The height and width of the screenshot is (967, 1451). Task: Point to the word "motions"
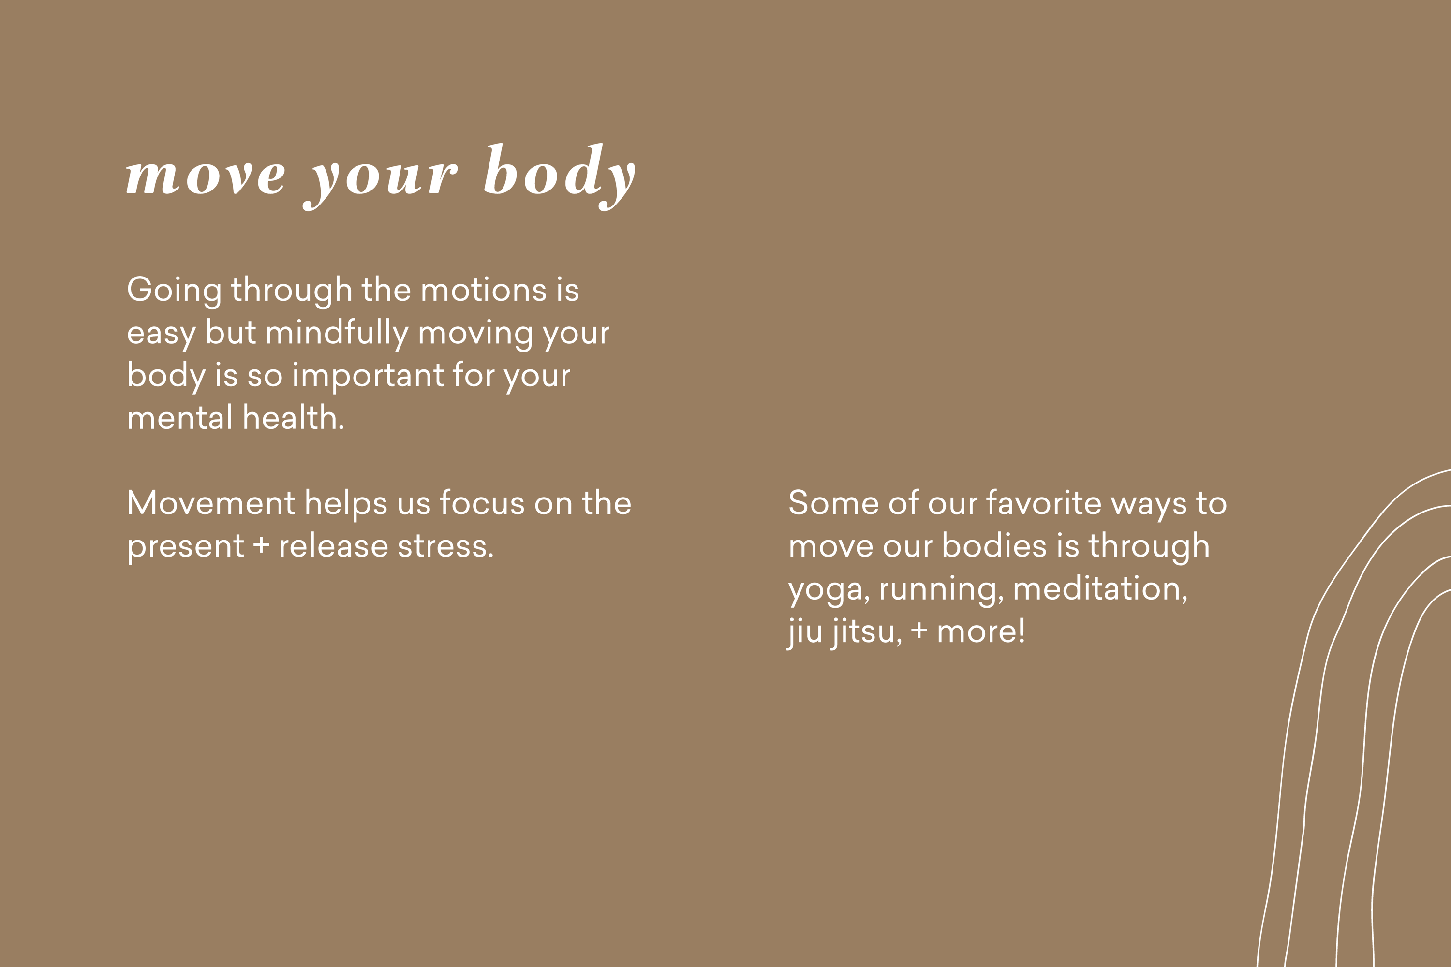pos(484,290)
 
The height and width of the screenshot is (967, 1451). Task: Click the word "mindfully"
pos(337,334)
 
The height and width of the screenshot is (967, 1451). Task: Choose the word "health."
pos(294,418)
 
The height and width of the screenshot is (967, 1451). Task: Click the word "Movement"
pos(211,503)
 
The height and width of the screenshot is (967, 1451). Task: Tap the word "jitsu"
pos(862,632)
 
